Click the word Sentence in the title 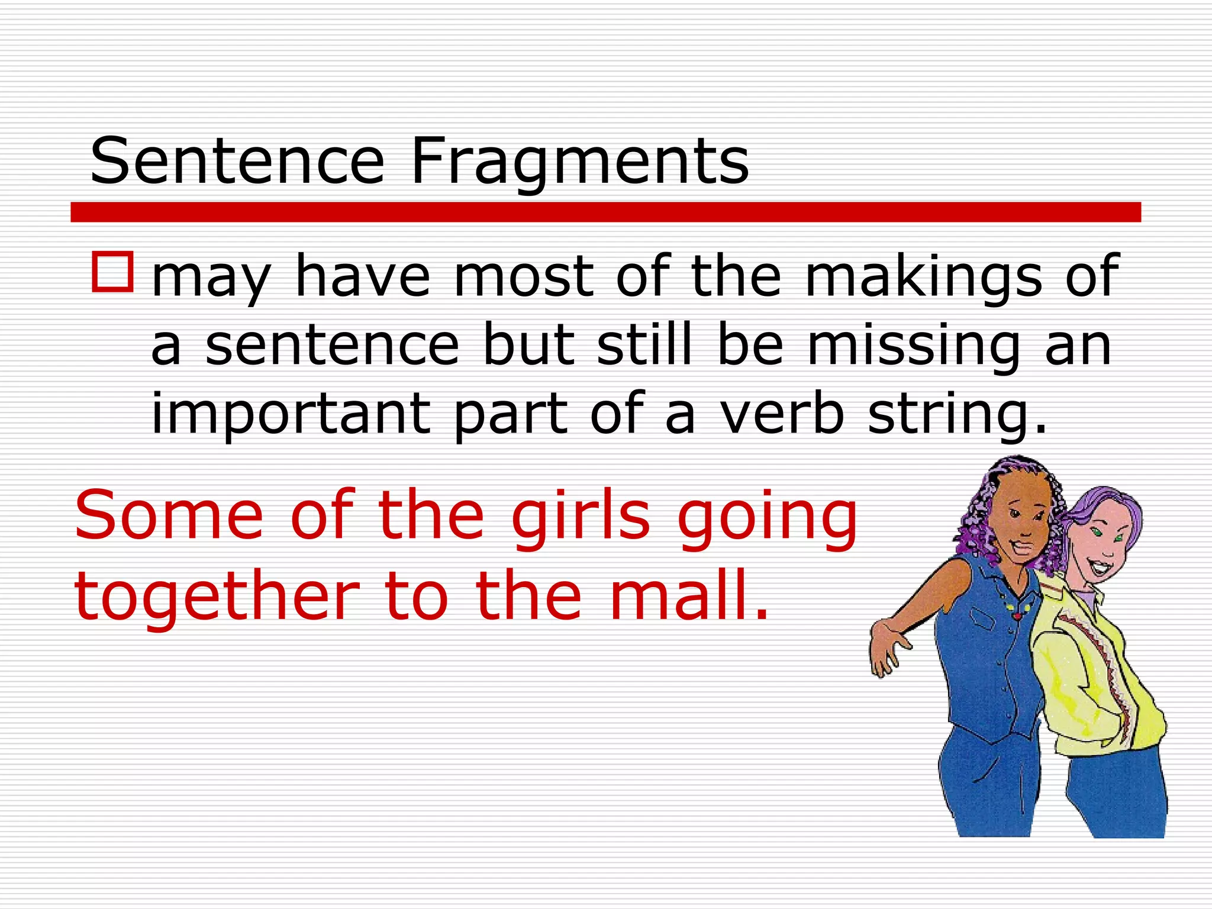tap(237, 161)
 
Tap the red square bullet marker tap(112, 272)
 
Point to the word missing tap(914, 346)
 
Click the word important tap(291, 414)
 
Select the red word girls tap(581, 516)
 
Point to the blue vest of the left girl tap(988, 669)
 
